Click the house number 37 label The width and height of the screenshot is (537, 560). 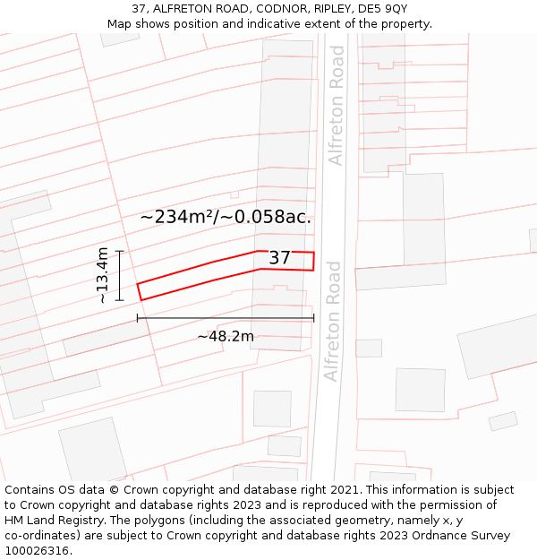tap(279, 258)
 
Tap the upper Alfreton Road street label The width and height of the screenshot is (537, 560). tap(336, 106)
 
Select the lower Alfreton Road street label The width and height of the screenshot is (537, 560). tap(333, 321)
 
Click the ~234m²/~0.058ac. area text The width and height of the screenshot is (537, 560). tap(226, 217)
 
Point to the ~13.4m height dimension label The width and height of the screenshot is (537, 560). tap(103, 275)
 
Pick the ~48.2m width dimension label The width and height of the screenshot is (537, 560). tap(226, 336)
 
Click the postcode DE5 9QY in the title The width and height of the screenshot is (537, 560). tap(382, 8)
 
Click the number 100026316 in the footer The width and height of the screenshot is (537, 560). tap(37, 551)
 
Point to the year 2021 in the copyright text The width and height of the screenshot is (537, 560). tap(343, 490)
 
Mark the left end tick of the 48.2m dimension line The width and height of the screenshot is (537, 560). tap(137, 318)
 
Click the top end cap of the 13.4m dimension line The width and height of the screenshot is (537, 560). tap(119, 251)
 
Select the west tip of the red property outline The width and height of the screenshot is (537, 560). tap(138, 285)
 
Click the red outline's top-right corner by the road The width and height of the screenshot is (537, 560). tap(313, 253)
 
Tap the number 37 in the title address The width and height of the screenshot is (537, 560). tap(137, 8)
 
